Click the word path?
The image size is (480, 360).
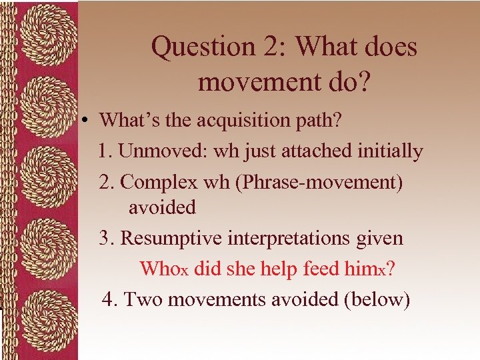coord(317,121)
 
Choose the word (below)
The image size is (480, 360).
coord(376,299)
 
